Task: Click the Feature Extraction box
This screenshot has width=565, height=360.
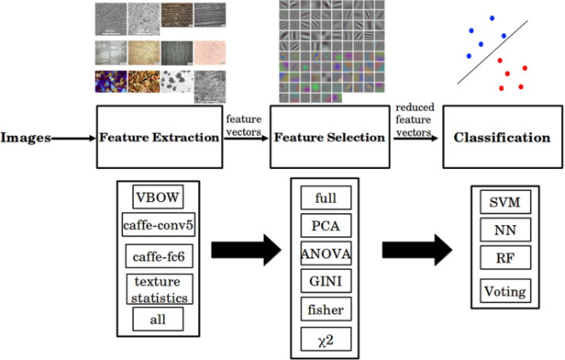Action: [159, 136]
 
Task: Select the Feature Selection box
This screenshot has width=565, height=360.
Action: [327, 136]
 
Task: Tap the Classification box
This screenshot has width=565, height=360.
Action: [501, 137]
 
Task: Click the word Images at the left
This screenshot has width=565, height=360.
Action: [25, 136]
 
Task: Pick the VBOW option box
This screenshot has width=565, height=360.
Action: [158, 197]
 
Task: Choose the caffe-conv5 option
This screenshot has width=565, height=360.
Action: [159, 226]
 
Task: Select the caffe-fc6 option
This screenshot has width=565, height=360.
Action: [158, 255]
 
